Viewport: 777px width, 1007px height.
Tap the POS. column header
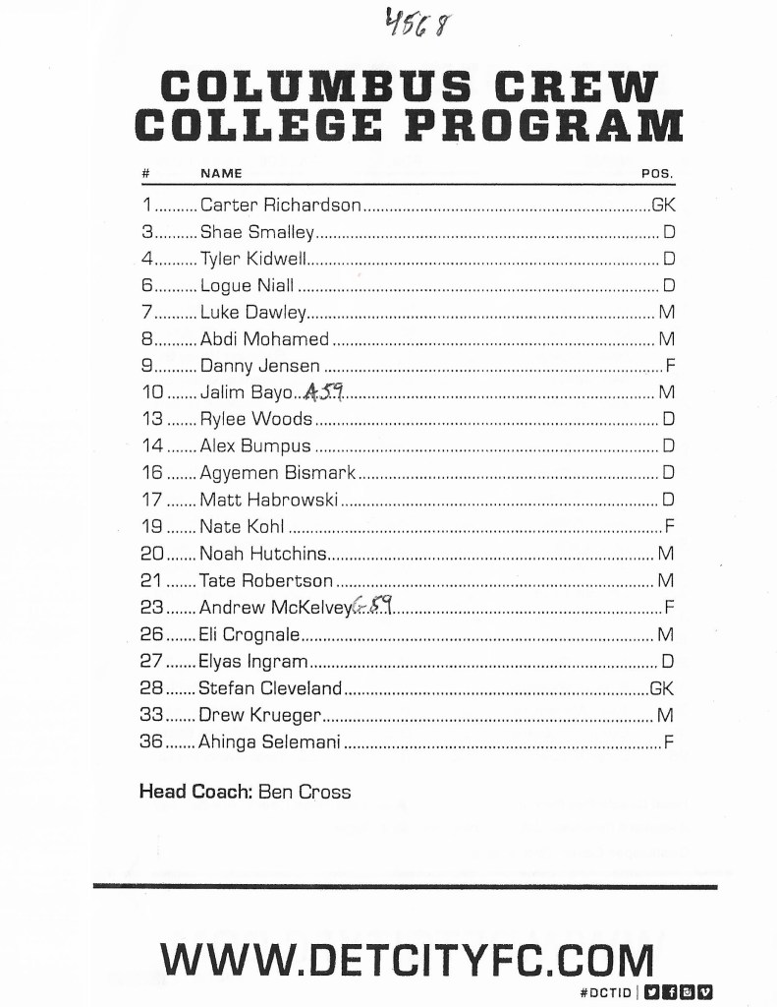pos(657,173)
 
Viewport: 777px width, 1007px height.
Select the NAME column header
pos(221,173)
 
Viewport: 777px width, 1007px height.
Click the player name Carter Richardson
pos(281,207)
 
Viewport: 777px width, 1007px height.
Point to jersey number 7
pos(146,313)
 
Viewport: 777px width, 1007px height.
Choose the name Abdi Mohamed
pos(264,339)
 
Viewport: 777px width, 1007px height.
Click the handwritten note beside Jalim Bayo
pos(323,392)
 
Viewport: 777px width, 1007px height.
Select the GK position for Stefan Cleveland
pos(662,687)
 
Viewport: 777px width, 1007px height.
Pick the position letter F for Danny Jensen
pos(669,366)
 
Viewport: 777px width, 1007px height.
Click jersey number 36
pos(151,741)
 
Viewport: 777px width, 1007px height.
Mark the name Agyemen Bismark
pos(277,473)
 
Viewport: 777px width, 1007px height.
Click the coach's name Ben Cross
pos(305,792)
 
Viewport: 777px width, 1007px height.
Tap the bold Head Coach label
pos(195,792)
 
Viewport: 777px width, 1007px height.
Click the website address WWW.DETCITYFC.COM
pos(407,959)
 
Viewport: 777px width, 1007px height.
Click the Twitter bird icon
pos(651,992)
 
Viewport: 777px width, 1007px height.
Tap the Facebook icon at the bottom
pos(668,992)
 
